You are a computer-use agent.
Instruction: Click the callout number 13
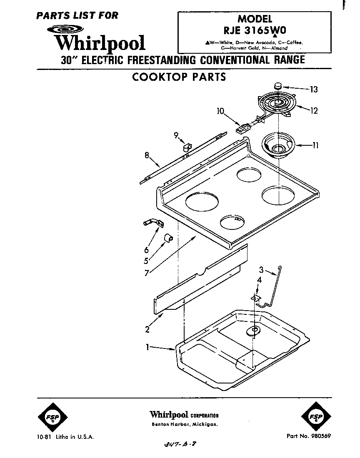click(x=314, y=89)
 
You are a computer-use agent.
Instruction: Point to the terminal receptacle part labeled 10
click(x=242, y=127)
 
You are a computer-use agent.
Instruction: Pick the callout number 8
click(x=147, y=155)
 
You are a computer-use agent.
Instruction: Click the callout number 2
click(x=147, y=330)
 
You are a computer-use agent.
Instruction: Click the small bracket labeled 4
click(x=256, y=297)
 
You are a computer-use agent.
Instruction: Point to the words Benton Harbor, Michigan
click(x=183, y=424)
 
